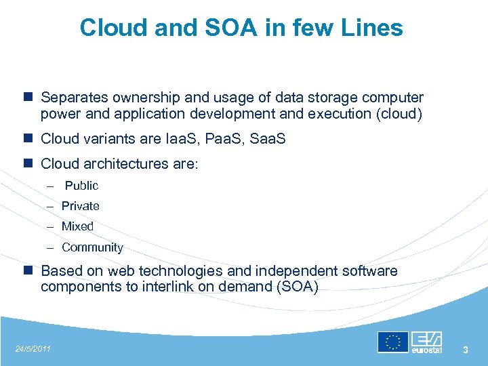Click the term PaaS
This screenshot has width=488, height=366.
(224, 139)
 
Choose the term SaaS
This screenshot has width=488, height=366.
(268, 139)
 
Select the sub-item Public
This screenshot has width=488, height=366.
(81, 186)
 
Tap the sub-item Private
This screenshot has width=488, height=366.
(80, 206)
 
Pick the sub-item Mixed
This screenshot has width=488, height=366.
(77, 226)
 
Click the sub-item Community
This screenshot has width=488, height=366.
(92, 247)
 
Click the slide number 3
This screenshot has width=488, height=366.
(466, 350)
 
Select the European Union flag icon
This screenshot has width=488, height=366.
(392, 342)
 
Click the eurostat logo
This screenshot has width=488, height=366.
(427, 342)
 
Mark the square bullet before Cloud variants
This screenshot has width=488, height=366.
(28, 139)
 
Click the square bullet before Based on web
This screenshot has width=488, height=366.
(28, 271)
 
